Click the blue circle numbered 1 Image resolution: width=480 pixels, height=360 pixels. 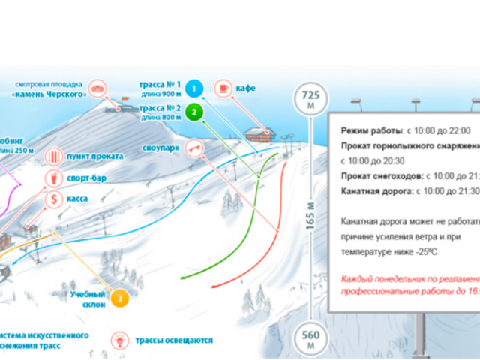(x=194, y=89)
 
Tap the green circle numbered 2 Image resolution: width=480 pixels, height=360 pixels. (x=194, y=112)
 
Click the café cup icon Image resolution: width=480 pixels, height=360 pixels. (x=223, y=88)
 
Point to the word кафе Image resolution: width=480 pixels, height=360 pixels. (x=245, y=88)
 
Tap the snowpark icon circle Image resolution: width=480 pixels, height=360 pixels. (x=194, y=148)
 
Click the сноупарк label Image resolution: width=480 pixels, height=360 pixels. (x=160, y=148)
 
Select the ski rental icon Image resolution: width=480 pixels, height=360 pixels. (x=54, y=157)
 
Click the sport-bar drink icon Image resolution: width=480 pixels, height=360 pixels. (x=54, y=178)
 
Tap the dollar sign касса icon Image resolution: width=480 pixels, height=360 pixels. (x=54, y=199)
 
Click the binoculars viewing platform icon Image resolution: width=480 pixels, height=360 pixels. (x=96, y=90)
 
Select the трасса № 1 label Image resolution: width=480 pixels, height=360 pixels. (x=160, y=85)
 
